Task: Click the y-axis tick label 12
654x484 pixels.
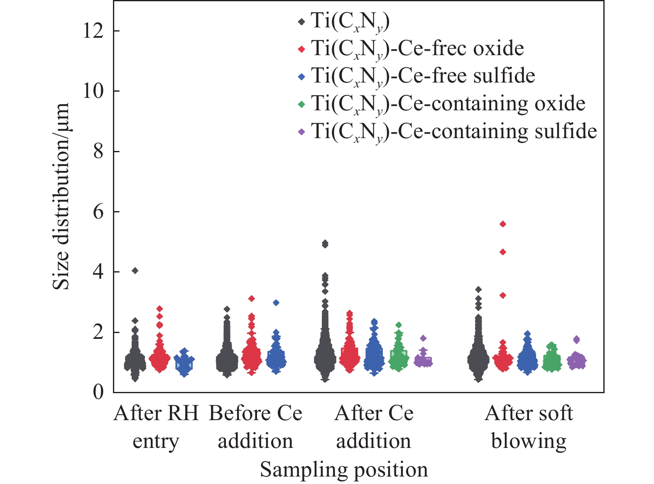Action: pyautogui.click(x=93, y=31)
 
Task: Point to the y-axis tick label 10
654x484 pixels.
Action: pyautogui.click(x=93, y=91)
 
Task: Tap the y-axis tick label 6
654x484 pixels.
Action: pyautogui.click(x=98, y=212)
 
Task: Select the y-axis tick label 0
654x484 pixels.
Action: pyautogui.click(x=98, y=392)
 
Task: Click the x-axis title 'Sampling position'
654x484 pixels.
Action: pyautogui.click(x=344, y=469)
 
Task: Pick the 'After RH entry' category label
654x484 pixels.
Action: pyautogui.click(x=156, y=428)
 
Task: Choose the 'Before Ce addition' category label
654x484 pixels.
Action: pyautogui.click(x=255, y=428)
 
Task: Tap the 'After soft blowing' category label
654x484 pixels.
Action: pyautogui.click(x=529, y=428)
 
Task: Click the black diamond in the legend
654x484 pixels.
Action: pyautogui.click(x=301, y=22)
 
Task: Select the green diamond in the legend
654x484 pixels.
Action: pyautogui.click(x=301, y=104)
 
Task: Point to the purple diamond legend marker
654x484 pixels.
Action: pyautogui.click(x=301, y=131)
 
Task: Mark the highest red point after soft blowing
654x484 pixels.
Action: pyautogui.click(x=503, y=224)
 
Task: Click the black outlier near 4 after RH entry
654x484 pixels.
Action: pyautogui.click(x=135, y=271)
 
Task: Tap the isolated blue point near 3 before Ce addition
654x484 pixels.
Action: pyautogui.click(x=276, y=302)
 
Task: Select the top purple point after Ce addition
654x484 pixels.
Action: pyautogui.click(x=423, y=338)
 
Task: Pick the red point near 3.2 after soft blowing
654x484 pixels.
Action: pyautogui.click(x=503, y=295)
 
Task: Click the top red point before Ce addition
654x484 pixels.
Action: pyautogui.click(x=252, y=299)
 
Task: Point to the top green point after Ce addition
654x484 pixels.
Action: pyautogui.click(x=399, y=325)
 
